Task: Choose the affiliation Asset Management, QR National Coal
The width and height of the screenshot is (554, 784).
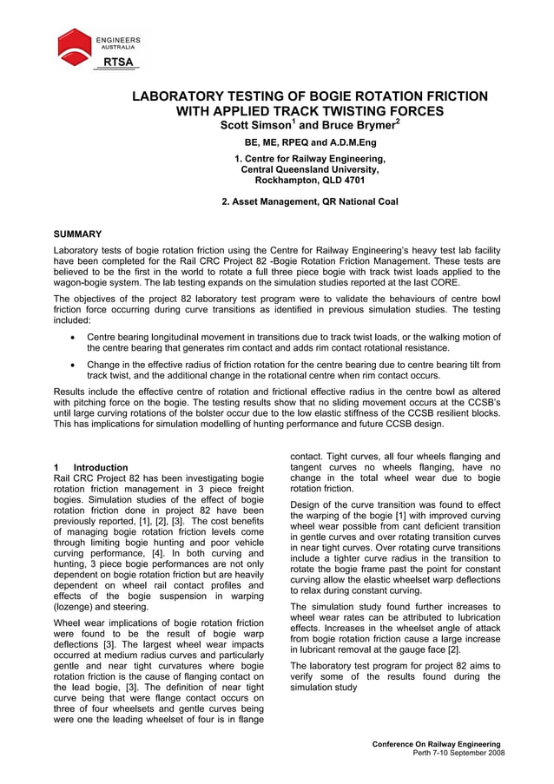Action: coord(310,201)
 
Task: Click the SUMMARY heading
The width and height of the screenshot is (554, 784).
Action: coord(77,234)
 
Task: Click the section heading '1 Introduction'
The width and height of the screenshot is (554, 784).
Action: coord(90,467)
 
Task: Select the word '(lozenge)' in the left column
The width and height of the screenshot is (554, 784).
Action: coord(75,607)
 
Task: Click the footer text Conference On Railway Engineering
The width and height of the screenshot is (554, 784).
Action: coord(436,744)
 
